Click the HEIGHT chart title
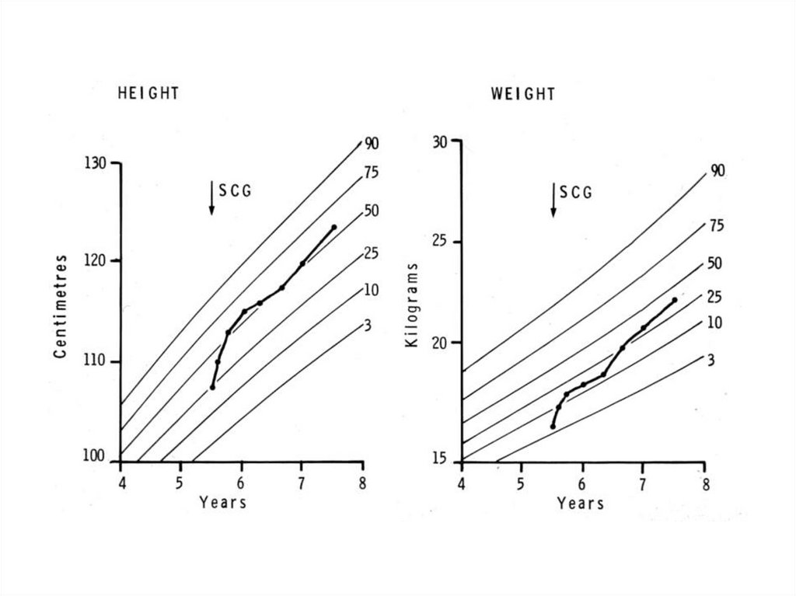pyautogui.click(x=148, y=94)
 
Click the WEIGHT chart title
pyautogui.click(x=523, y=95)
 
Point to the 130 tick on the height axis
pyautogui.click(x=99, y=164)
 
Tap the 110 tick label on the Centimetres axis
pyautogui.click(x=99, y=362)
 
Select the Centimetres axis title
pyautogui.click(x=60, y=306)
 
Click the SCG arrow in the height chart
pyautogui.click(x=211, y=198)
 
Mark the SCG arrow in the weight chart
pyautogui.click(x=553, y=200)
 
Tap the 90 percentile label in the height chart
pyautogui.click(x=372, y=143)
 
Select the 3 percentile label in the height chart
pyautogui.click(x=368, y=326)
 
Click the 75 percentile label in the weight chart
pyautogui.click(x=716, y=226)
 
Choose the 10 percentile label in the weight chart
pyautogui.click(x=714, y=322)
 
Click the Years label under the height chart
pyautogui.click(x=223, y=503)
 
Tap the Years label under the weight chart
pyautogui.click(x=581, y=504)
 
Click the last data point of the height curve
pyautogui.click(x=334, y=227)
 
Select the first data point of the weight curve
pyautogui.click(x=553, y=426)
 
